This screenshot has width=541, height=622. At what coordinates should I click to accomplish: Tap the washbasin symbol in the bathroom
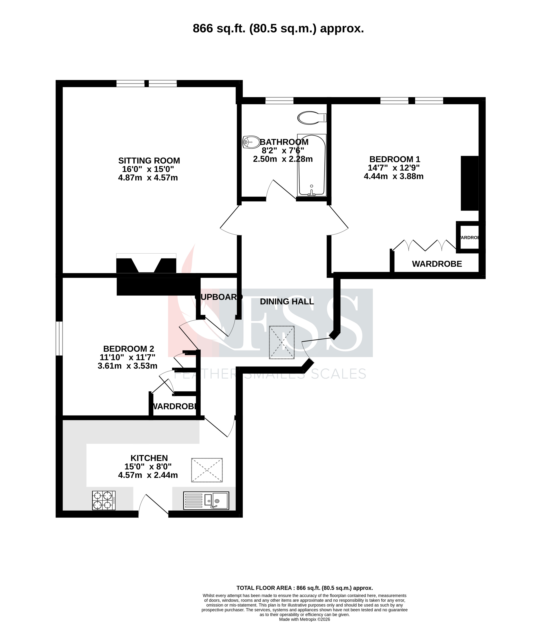tap(251, 142)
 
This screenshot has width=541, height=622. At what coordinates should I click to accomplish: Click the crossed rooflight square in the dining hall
tap(282, 342)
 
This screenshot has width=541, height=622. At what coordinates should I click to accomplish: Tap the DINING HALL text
tap(287, 301)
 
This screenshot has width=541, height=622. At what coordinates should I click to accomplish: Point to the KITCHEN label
tap(149, 458)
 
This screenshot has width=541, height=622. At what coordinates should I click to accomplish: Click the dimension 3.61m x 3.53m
tap(127, 366)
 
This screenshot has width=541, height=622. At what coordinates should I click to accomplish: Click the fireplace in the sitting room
tap(146, 264)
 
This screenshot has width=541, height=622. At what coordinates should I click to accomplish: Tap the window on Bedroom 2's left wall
tap(59, 338)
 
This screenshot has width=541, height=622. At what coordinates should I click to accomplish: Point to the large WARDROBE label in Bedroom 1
tap(437, 264)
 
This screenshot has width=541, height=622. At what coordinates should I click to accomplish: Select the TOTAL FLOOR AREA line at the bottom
tap(304, 588)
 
